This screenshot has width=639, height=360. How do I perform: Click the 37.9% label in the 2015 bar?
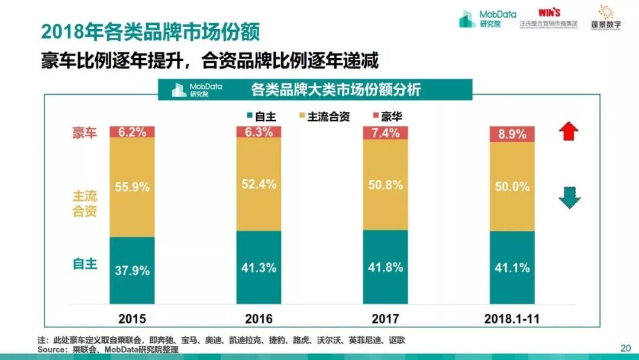pos(133,270)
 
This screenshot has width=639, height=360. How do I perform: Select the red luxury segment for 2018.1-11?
pos(512,134)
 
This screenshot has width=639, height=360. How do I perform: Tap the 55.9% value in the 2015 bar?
pos(133,187)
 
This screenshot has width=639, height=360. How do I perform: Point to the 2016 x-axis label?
pos(259,319)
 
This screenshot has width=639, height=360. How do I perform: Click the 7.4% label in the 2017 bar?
pos(386,132)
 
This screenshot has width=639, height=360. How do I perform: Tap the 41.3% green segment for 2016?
pos(259,267)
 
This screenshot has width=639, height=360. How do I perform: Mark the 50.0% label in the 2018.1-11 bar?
pos(512,187)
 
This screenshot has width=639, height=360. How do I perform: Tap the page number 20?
pos(625,348)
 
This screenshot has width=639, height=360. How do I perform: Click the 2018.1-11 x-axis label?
pos(512,319)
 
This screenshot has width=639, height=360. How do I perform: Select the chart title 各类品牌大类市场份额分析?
pos(335,90)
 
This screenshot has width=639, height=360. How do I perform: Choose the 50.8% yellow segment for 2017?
pos(386,184)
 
